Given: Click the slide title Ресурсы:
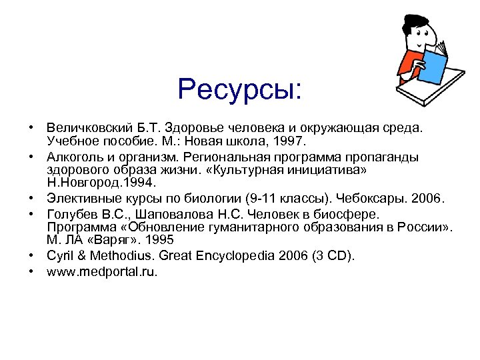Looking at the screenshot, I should [240, 89].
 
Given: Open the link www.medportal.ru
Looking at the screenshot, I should [102, 272].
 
